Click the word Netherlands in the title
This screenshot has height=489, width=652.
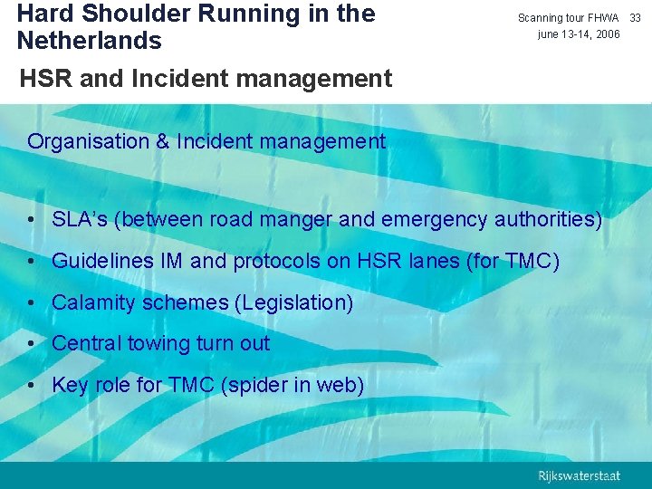[89, 41]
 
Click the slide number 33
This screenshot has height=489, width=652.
[635, 18]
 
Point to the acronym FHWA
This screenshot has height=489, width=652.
[601, 18]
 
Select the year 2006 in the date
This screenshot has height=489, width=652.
[607, 34]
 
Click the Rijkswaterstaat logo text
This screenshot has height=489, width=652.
[580, 475]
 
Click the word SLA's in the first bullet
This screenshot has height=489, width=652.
[82, 219]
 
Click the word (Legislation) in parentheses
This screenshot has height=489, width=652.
[294, 302]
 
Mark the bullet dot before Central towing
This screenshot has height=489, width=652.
[32, 344]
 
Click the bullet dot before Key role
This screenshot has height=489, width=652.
[32, 386]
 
